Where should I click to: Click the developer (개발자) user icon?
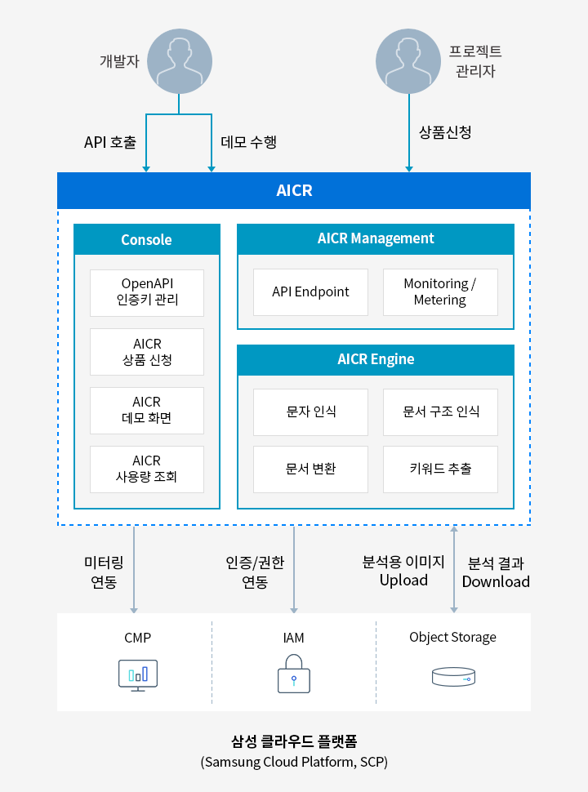click(180, 61)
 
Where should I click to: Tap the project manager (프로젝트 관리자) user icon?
click(408, 61)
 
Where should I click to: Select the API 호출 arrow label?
click(110, 142)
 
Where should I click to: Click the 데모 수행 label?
click(248, 142)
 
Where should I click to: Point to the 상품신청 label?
click(445, 132)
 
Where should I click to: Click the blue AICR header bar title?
click(294, 190)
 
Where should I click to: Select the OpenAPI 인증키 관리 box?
click(147, 293)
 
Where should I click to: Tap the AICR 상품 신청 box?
click(147, 352)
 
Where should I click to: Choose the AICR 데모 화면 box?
click(147, 410)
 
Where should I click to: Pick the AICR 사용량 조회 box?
click(147, 469)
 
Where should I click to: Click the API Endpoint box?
click(310, 292)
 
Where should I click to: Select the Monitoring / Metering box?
click(440, 292)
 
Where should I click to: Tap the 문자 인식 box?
click(310, 412)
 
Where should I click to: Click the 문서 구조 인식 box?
click(440, 412)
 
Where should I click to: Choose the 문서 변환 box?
click(310, 469)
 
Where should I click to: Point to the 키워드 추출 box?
click(440, 469)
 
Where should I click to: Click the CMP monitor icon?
click(138, 675)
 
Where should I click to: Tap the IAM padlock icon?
click(294, 674)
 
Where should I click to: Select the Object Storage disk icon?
click(453, 677)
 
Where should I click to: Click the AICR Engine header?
click(376, 359)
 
